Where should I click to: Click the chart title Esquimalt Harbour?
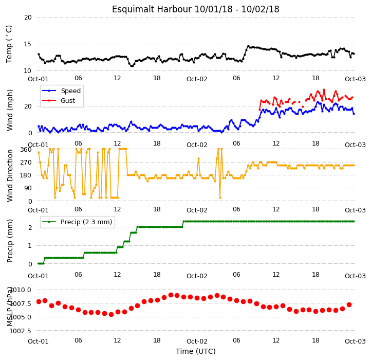pos(152,9)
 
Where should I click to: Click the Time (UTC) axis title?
pos(196,351)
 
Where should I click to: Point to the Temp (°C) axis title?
pos(9,44)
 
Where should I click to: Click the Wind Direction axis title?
pos(10,175)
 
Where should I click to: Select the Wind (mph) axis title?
pos(10,110)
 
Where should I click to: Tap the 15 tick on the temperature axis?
pos(28,44)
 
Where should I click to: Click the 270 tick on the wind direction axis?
pos(26,162)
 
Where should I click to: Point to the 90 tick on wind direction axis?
pos(28,188)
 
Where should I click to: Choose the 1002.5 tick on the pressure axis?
pos(20,331)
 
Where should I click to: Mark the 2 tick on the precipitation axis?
pos(30,228)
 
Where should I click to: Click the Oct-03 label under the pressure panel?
pos(355,341)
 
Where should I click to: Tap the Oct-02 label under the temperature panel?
pos(197,79)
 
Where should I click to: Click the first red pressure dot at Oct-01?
pos(39,301)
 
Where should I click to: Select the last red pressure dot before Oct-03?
pos(349,304)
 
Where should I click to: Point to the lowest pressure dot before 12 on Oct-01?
pos(111,315)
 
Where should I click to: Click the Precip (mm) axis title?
pos(10,241)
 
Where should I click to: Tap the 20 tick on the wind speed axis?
pos(28,106)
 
